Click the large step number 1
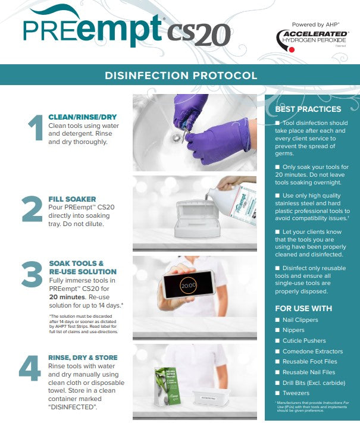click(36, 129)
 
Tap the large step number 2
click(32, 209)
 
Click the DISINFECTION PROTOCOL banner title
click(181, 76)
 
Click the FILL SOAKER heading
click(72, 199)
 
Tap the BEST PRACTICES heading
click(308, 109)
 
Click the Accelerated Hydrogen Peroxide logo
click(312, 40)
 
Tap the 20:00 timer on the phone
click(188, 286)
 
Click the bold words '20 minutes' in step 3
click(68, 296)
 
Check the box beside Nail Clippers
click(277, 320)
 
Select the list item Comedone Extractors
click(312, 352)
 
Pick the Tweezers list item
click(296, 393)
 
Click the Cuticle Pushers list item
click(304, 341)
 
